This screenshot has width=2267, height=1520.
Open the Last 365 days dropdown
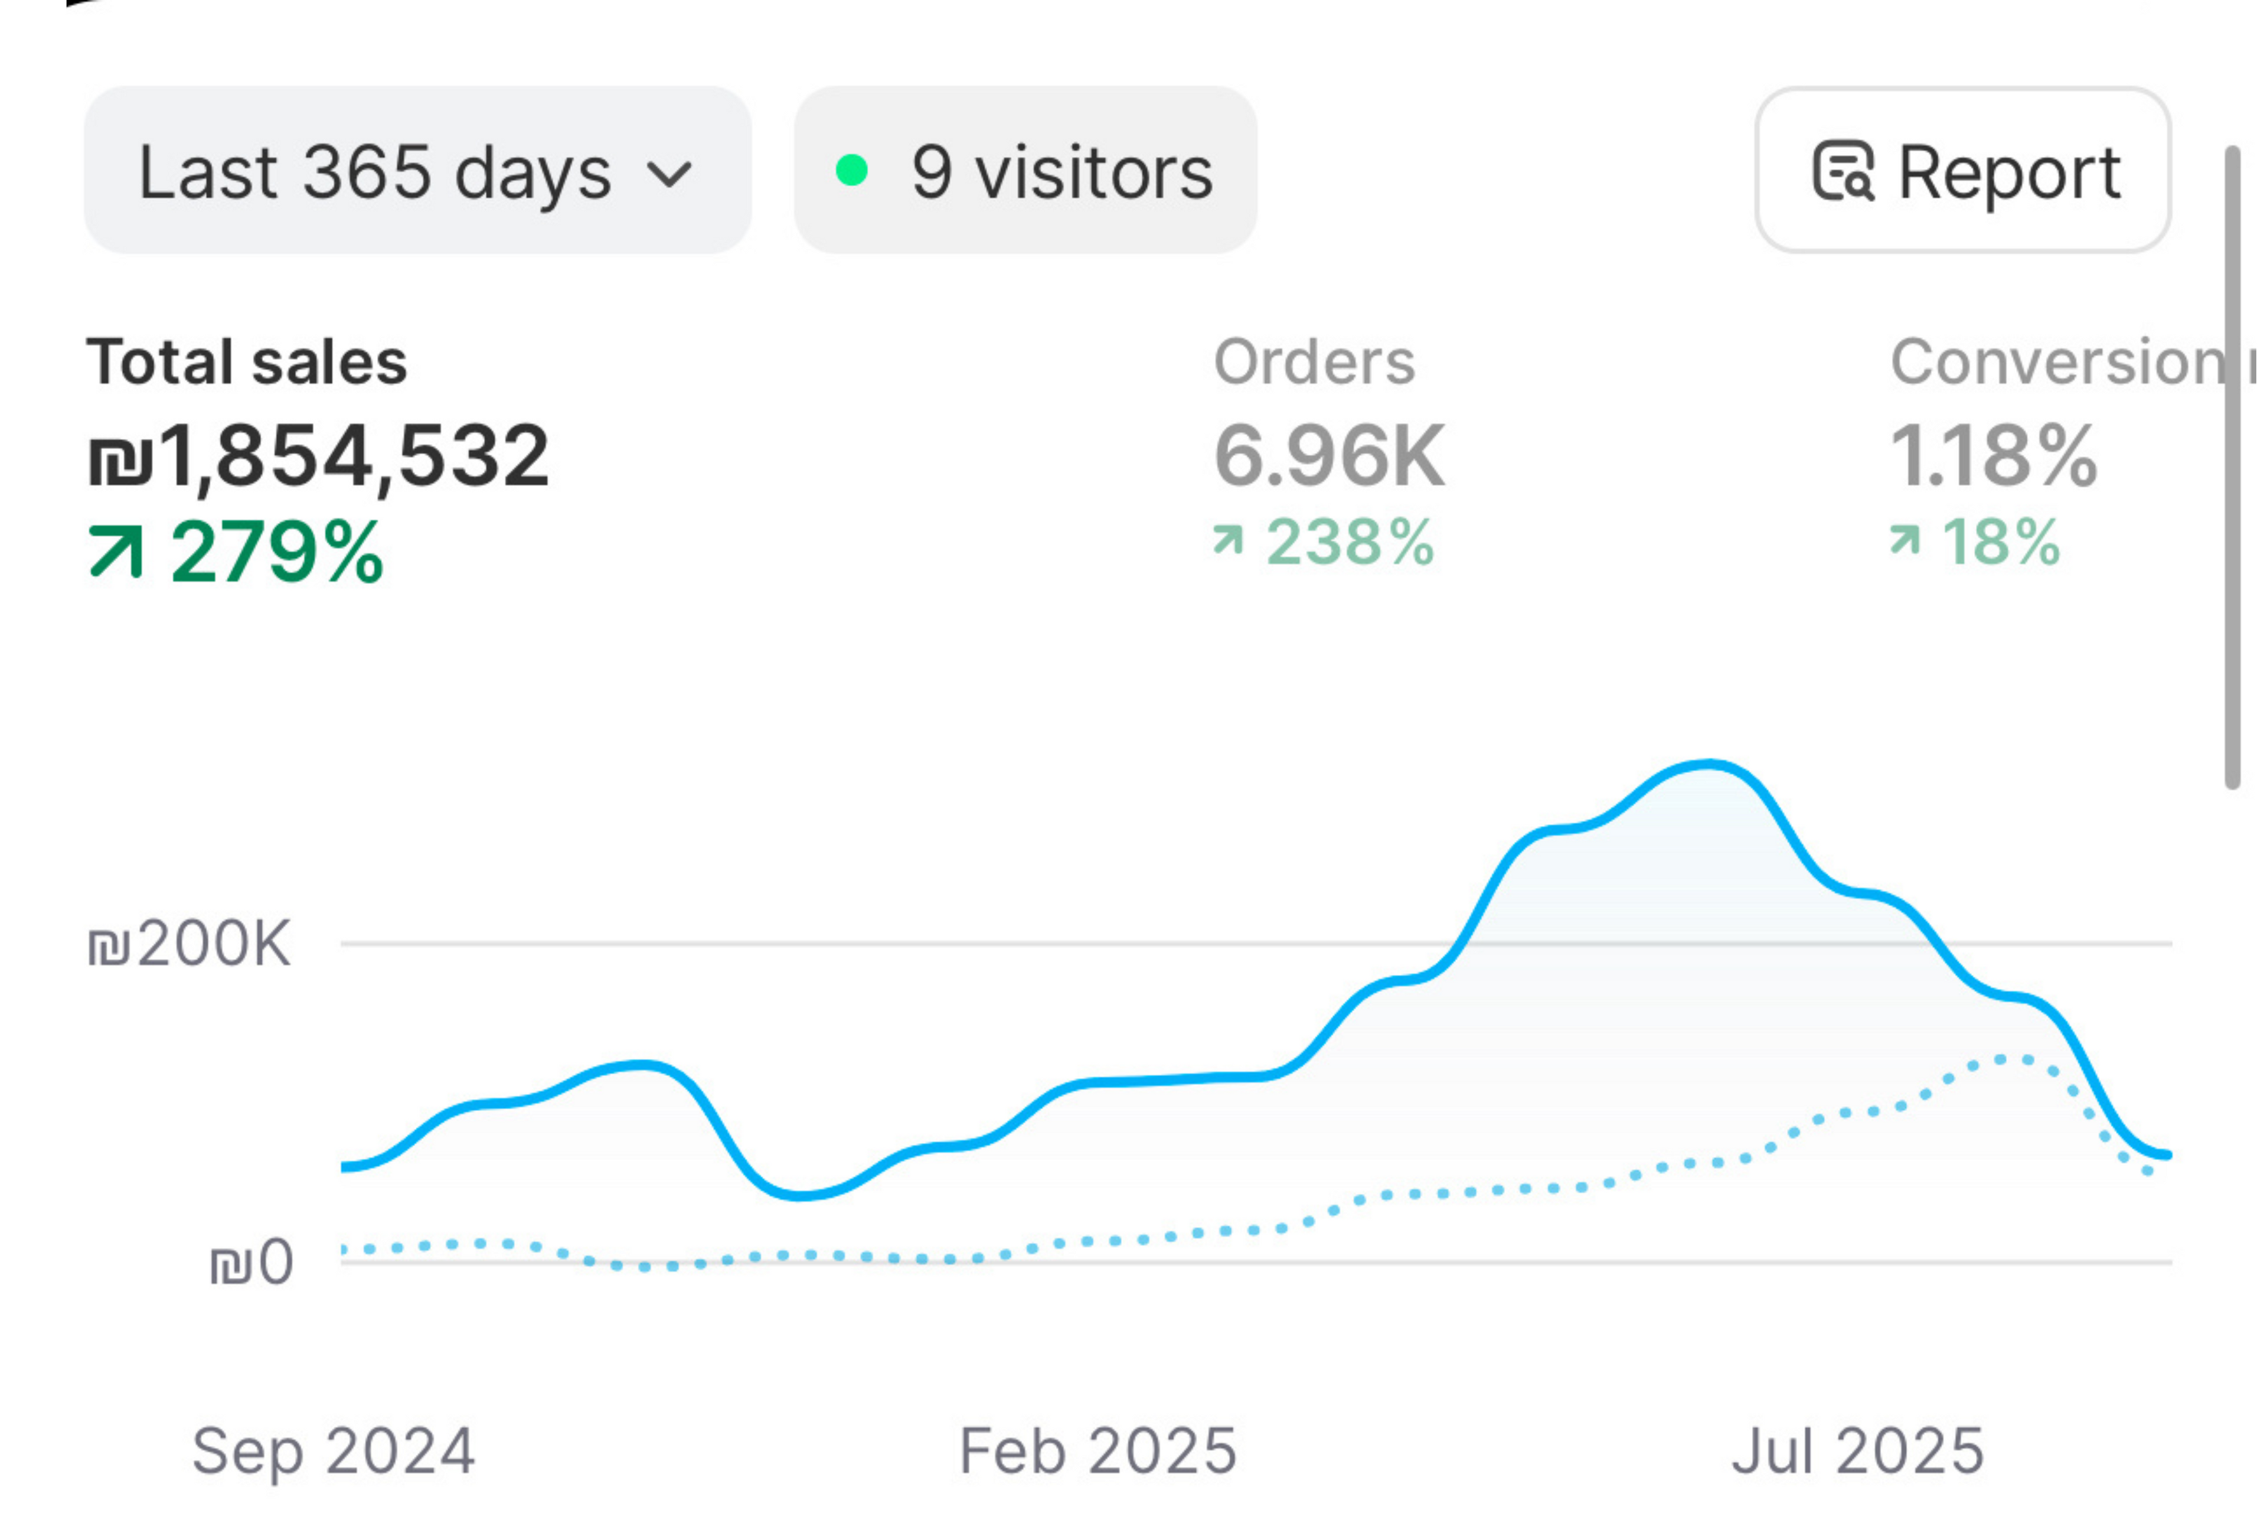coord(417,171)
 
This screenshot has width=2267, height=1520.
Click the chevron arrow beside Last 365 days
coord(669,174)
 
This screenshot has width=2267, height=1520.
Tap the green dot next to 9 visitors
coord(851,171)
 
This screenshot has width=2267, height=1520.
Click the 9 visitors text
coord(1062,172)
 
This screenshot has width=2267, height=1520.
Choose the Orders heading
coord(1314,361)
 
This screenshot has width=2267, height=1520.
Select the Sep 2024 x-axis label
coord(334,1451)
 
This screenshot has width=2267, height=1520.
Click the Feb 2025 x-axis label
coord(1097,1451)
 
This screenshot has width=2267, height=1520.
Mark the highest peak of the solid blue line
coord(1708,765)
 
